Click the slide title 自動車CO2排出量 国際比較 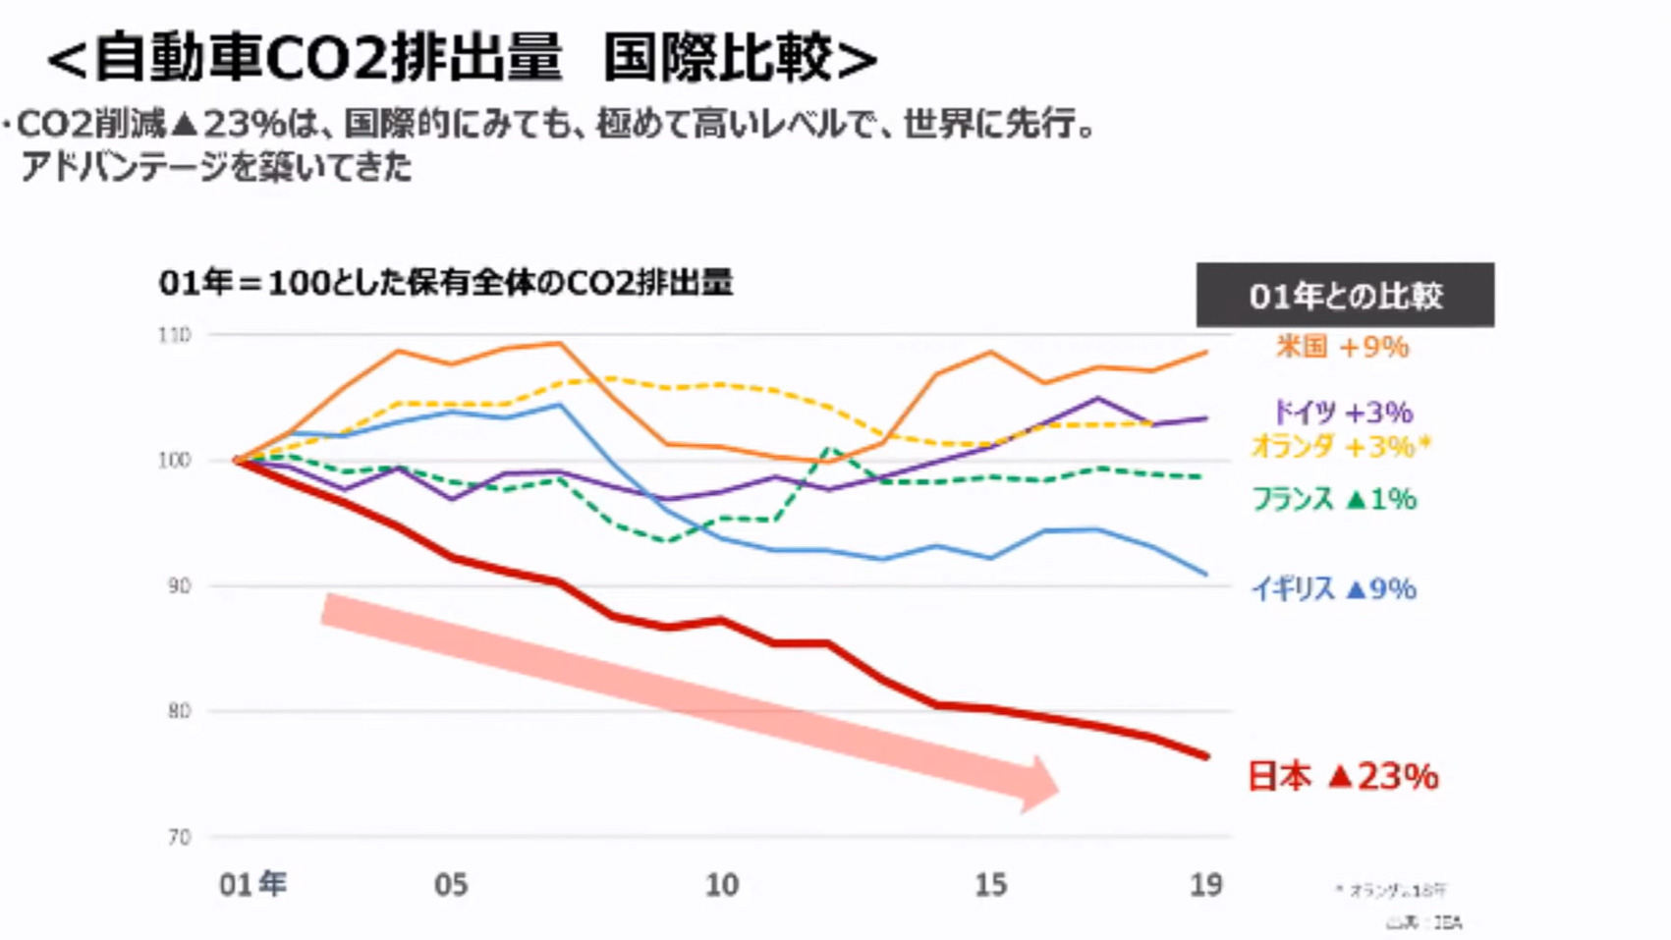(462, 57)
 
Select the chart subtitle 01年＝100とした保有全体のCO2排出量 (445, 283)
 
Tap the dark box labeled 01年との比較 (1344, 295)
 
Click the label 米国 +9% (1342, 347)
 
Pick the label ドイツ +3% (1342, 412)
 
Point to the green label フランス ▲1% (1333, 499)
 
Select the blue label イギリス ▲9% (1333, 588)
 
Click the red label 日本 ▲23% (1342, 776)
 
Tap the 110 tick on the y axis (174, 335)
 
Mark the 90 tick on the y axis (178, 585)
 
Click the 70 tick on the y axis (178, 837)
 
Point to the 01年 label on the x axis (252, 884)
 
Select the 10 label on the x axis (721, 884)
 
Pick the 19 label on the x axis (1205, 884)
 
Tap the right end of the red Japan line (1205, 755)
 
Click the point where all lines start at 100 (237, 460)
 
